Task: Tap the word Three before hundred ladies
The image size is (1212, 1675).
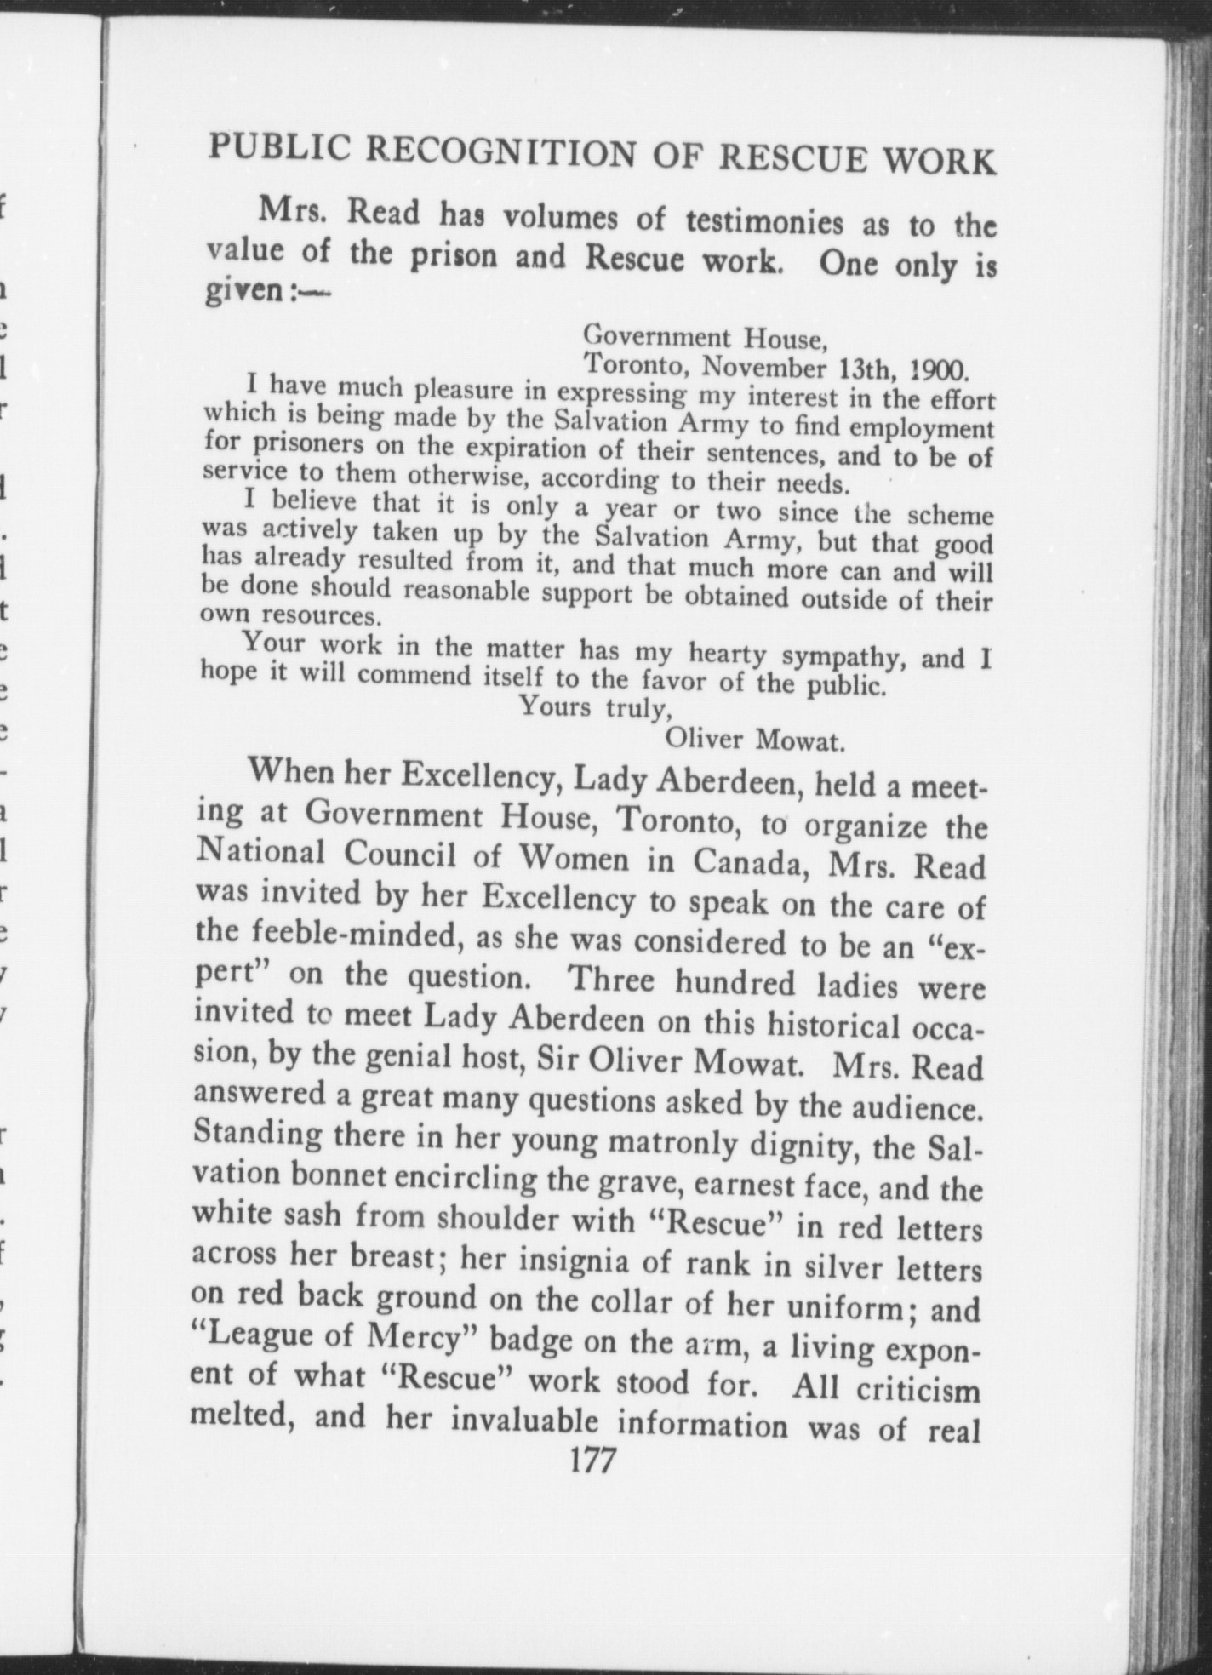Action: click(612, 979)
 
